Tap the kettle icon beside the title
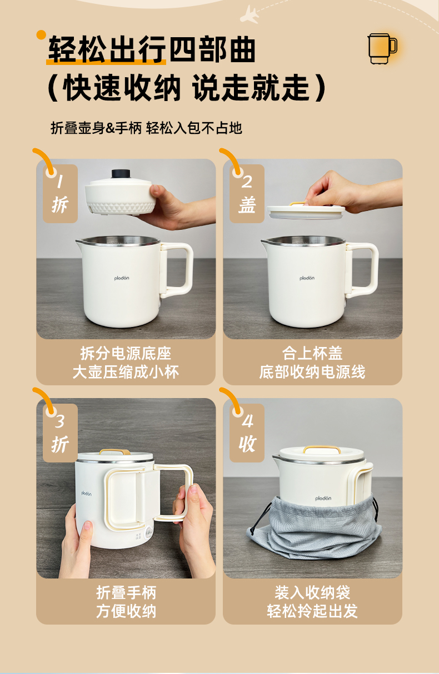pyautogui.click(x=382, y=48)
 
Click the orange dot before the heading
pyautogui.click(x=41, y=35)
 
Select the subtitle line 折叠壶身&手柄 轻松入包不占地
pyautogui.click(x=146, y=128)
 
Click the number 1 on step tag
pyautogui.click(x=60, y=182)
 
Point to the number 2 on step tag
pyautogui.click(x=247, y=182)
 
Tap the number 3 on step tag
pyautogui.click(x=59, y=421)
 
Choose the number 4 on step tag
pyautogui.click(x=247, y=421)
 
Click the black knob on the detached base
pyautogui.click(x=121, y=174)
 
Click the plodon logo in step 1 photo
pyautogui.click(x=122, y=278)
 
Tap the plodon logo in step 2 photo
pyautogui.click(x=307, y=278)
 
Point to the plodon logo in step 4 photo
pyautogui.click(x=323, y=498)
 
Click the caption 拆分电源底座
pyautogui.click(x=126, y=354)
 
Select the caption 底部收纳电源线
pyautogui.click(x=312, y=372)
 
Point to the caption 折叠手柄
pyautogui.click(x=126, y=593)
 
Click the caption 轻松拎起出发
pyautogui.click(x=312, y=611)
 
